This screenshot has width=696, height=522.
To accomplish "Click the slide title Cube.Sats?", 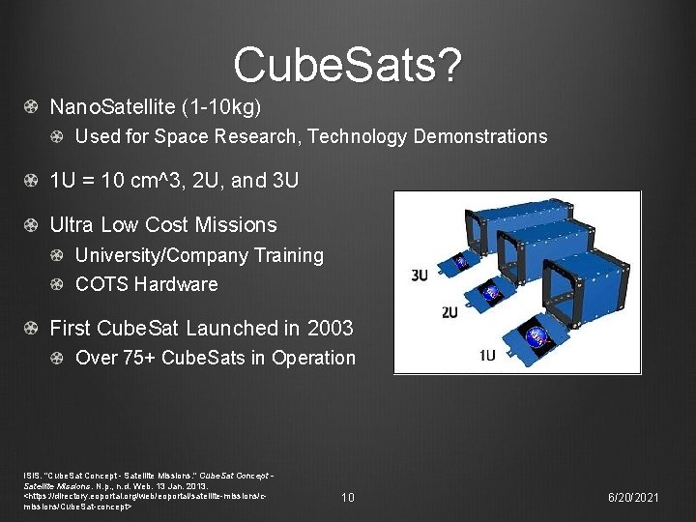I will pos(348,65).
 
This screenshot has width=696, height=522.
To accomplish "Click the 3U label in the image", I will pos(420,275).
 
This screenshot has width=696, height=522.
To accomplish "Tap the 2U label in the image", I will pos(449,312).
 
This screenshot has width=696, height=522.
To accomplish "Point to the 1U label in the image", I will pos(487,355).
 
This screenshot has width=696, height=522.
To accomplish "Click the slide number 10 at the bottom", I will pos(348,497).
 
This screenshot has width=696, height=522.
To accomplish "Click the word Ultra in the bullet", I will pos(72,224).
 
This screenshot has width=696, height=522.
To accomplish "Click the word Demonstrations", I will pos(479,136).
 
